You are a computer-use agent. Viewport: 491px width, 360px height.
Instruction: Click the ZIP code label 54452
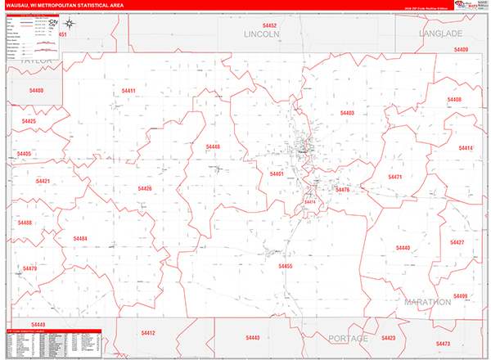click(271, 26)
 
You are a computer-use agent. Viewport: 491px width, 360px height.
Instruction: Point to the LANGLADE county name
click(441, 34)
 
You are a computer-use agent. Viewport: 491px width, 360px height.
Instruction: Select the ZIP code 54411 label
click(128, 90)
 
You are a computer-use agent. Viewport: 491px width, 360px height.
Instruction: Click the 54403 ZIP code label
click(347, 113)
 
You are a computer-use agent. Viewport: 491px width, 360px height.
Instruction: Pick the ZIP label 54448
click(213, 146)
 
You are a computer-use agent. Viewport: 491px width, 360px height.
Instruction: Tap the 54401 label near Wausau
click(277, 174)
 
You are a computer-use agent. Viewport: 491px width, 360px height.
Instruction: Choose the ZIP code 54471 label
click(395, 177)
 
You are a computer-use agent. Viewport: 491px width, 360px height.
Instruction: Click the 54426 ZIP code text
click(145, 189)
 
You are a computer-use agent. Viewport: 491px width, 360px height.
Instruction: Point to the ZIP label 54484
click(80, 238)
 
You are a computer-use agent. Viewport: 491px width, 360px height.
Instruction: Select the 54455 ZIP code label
click(285, 266)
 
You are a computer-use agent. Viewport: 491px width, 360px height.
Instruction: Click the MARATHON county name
click(427, 302)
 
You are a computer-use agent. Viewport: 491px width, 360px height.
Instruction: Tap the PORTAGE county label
click(349, 338)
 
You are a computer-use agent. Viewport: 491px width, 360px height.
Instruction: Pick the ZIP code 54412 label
click(148, 333)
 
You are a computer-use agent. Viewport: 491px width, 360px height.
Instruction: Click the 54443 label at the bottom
click(252, 337)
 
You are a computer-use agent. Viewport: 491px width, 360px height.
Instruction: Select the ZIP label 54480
click(36, 90)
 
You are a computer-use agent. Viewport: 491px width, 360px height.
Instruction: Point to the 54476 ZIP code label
click(342, 190)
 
